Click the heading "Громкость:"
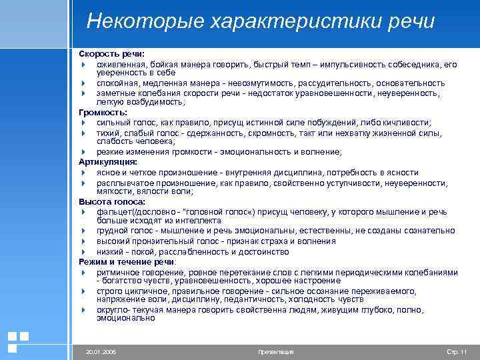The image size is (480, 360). (103, 113)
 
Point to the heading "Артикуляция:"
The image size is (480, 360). (108, 162)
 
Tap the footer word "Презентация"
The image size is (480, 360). (275, 351)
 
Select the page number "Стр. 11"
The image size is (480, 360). (456, 351)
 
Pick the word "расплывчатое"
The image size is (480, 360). (122, 183)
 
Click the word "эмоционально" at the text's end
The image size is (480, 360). (125, 318)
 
